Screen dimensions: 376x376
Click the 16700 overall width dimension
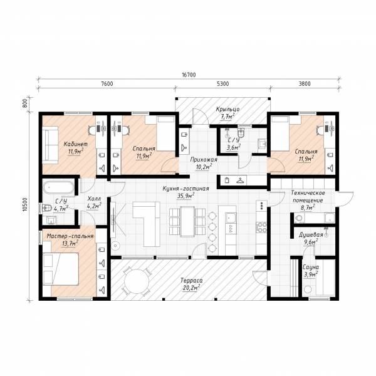pyautogui.click(x=189, y=75)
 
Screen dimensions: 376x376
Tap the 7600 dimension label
pyautogui.click(x=107, y=84)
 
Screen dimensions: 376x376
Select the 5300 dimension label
pyautogui.click(x=222, y=84)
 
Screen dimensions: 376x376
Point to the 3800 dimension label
pyautogui.click(x=305, y=84)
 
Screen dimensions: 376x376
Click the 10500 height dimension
pyautogui.click(x=25, y=204)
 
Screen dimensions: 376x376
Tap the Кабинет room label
pyautogui.click(x=76, y=144)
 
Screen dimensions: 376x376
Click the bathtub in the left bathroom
pyautogui.click(x=59, y=187)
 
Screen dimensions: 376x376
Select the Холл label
pyautogui.click(x=94, y=199)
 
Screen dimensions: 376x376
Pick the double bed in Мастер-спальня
pyautogui.click(x=61, y=269)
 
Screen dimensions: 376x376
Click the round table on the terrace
pyautogui.click(x=137, y=281)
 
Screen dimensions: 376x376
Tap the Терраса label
pyautogui.click(x=191, y=280)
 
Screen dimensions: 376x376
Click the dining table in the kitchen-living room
pyautogui.click(x=187, y=221)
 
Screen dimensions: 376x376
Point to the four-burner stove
pyautogui.click(x=261, y=227)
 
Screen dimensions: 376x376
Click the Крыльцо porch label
pyautogui.click(x=227, y=109)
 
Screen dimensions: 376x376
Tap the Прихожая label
pyautogui.click(x=204, y=160)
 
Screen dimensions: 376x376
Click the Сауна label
pyautogui.click(x=311, y=267)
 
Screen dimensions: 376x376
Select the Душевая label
pyautogui.click(x=311, y=235)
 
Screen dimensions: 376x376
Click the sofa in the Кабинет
pyautogui.click(x=50, y=145)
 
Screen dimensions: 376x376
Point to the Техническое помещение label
pyautogui.click(x=308, y=196)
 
